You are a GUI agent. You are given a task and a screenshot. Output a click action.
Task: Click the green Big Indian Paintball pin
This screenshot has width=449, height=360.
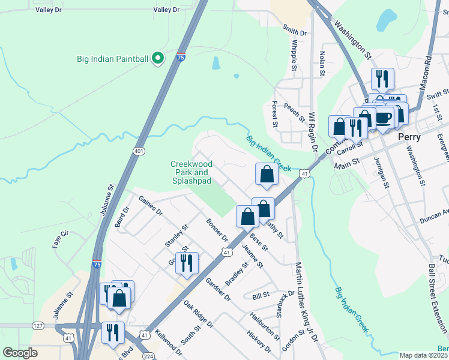(x=158, y=58)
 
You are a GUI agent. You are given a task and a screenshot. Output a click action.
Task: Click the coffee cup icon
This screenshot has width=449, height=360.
(x=384, y=116)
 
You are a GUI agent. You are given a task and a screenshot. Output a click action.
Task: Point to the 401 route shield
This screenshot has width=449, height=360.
(x=139, y=151)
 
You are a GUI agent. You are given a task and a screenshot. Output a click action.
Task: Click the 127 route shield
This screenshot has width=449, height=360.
(x=38, y=326)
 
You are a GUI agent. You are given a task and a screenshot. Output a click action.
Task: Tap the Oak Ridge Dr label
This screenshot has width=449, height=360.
(x=199, y=314)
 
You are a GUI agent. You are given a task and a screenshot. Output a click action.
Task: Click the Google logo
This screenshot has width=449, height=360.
(x=20, y=353)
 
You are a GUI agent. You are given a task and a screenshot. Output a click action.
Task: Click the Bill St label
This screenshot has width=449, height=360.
(x=261, y=296)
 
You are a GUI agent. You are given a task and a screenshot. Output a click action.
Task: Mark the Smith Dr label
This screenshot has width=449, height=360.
(x=295, y=31)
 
